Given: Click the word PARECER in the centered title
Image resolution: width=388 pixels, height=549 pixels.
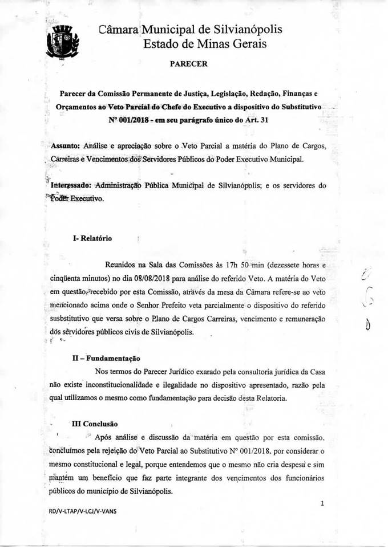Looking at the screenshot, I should [189, 64].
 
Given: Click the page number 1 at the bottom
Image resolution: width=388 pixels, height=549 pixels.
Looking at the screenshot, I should [322, 504].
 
